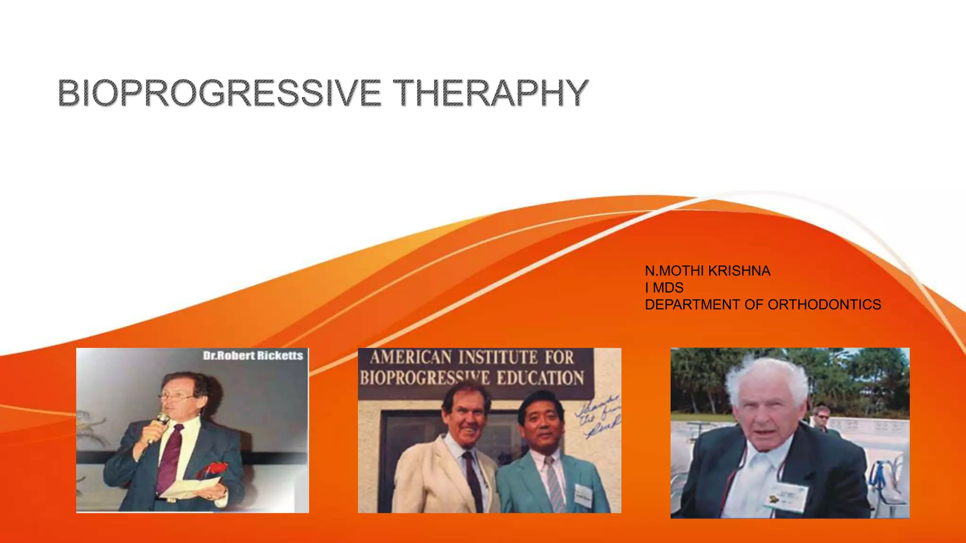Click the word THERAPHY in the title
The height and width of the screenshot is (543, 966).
(491, 93)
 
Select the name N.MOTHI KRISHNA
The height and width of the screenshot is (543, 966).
(708, 271)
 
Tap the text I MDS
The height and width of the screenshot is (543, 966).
(664, 288)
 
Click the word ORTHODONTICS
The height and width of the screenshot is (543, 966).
(824, 305)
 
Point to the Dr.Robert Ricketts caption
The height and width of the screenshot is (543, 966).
(253, 356)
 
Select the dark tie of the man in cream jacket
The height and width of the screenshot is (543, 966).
(473, 481)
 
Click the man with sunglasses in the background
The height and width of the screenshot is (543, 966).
(822, 417)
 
